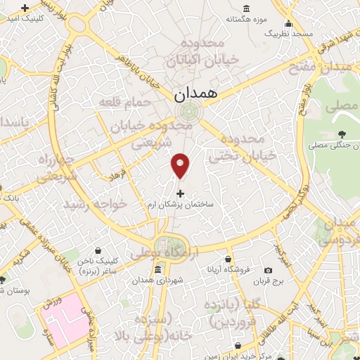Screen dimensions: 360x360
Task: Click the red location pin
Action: pos(181,165)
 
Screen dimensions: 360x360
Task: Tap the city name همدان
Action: pos(196,92)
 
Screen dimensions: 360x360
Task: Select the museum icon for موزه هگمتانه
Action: pos(245,8)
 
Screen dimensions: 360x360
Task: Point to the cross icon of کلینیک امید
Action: pos(26,8)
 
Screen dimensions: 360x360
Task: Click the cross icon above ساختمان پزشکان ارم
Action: pos(180,193)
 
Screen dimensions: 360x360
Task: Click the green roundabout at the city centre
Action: pos(188,111)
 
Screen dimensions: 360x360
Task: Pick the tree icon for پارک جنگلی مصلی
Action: pos(342,134)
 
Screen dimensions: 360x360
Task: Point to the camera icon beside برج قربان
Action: pos(268,270)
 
